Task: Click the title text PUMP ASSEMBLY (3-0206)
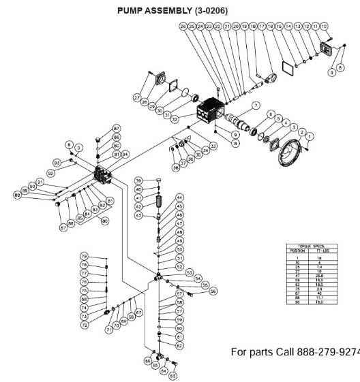(x=172, y=11)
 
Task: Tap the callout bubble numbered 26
(x=183, y=26)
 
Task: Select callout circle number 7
(x=256, y=106)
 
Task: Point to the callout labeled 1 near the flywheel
(x=309, y=136)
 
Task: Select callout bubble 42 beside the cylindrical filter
(x=138, y=206)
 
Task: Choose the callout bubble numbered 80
(x=105, y=221)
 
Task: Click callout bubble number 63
(x=172, y=375)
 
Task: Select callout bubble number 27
(x=137, y=98)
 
